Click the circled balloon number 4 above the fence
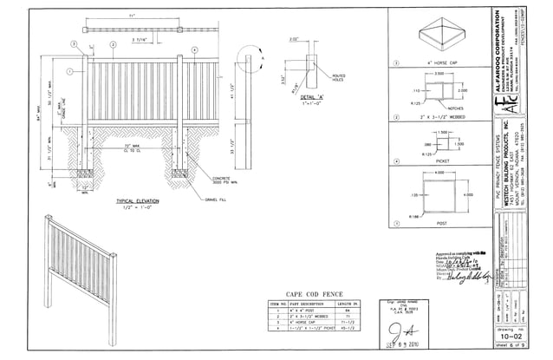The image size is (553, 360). click(x=195, y=49)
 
